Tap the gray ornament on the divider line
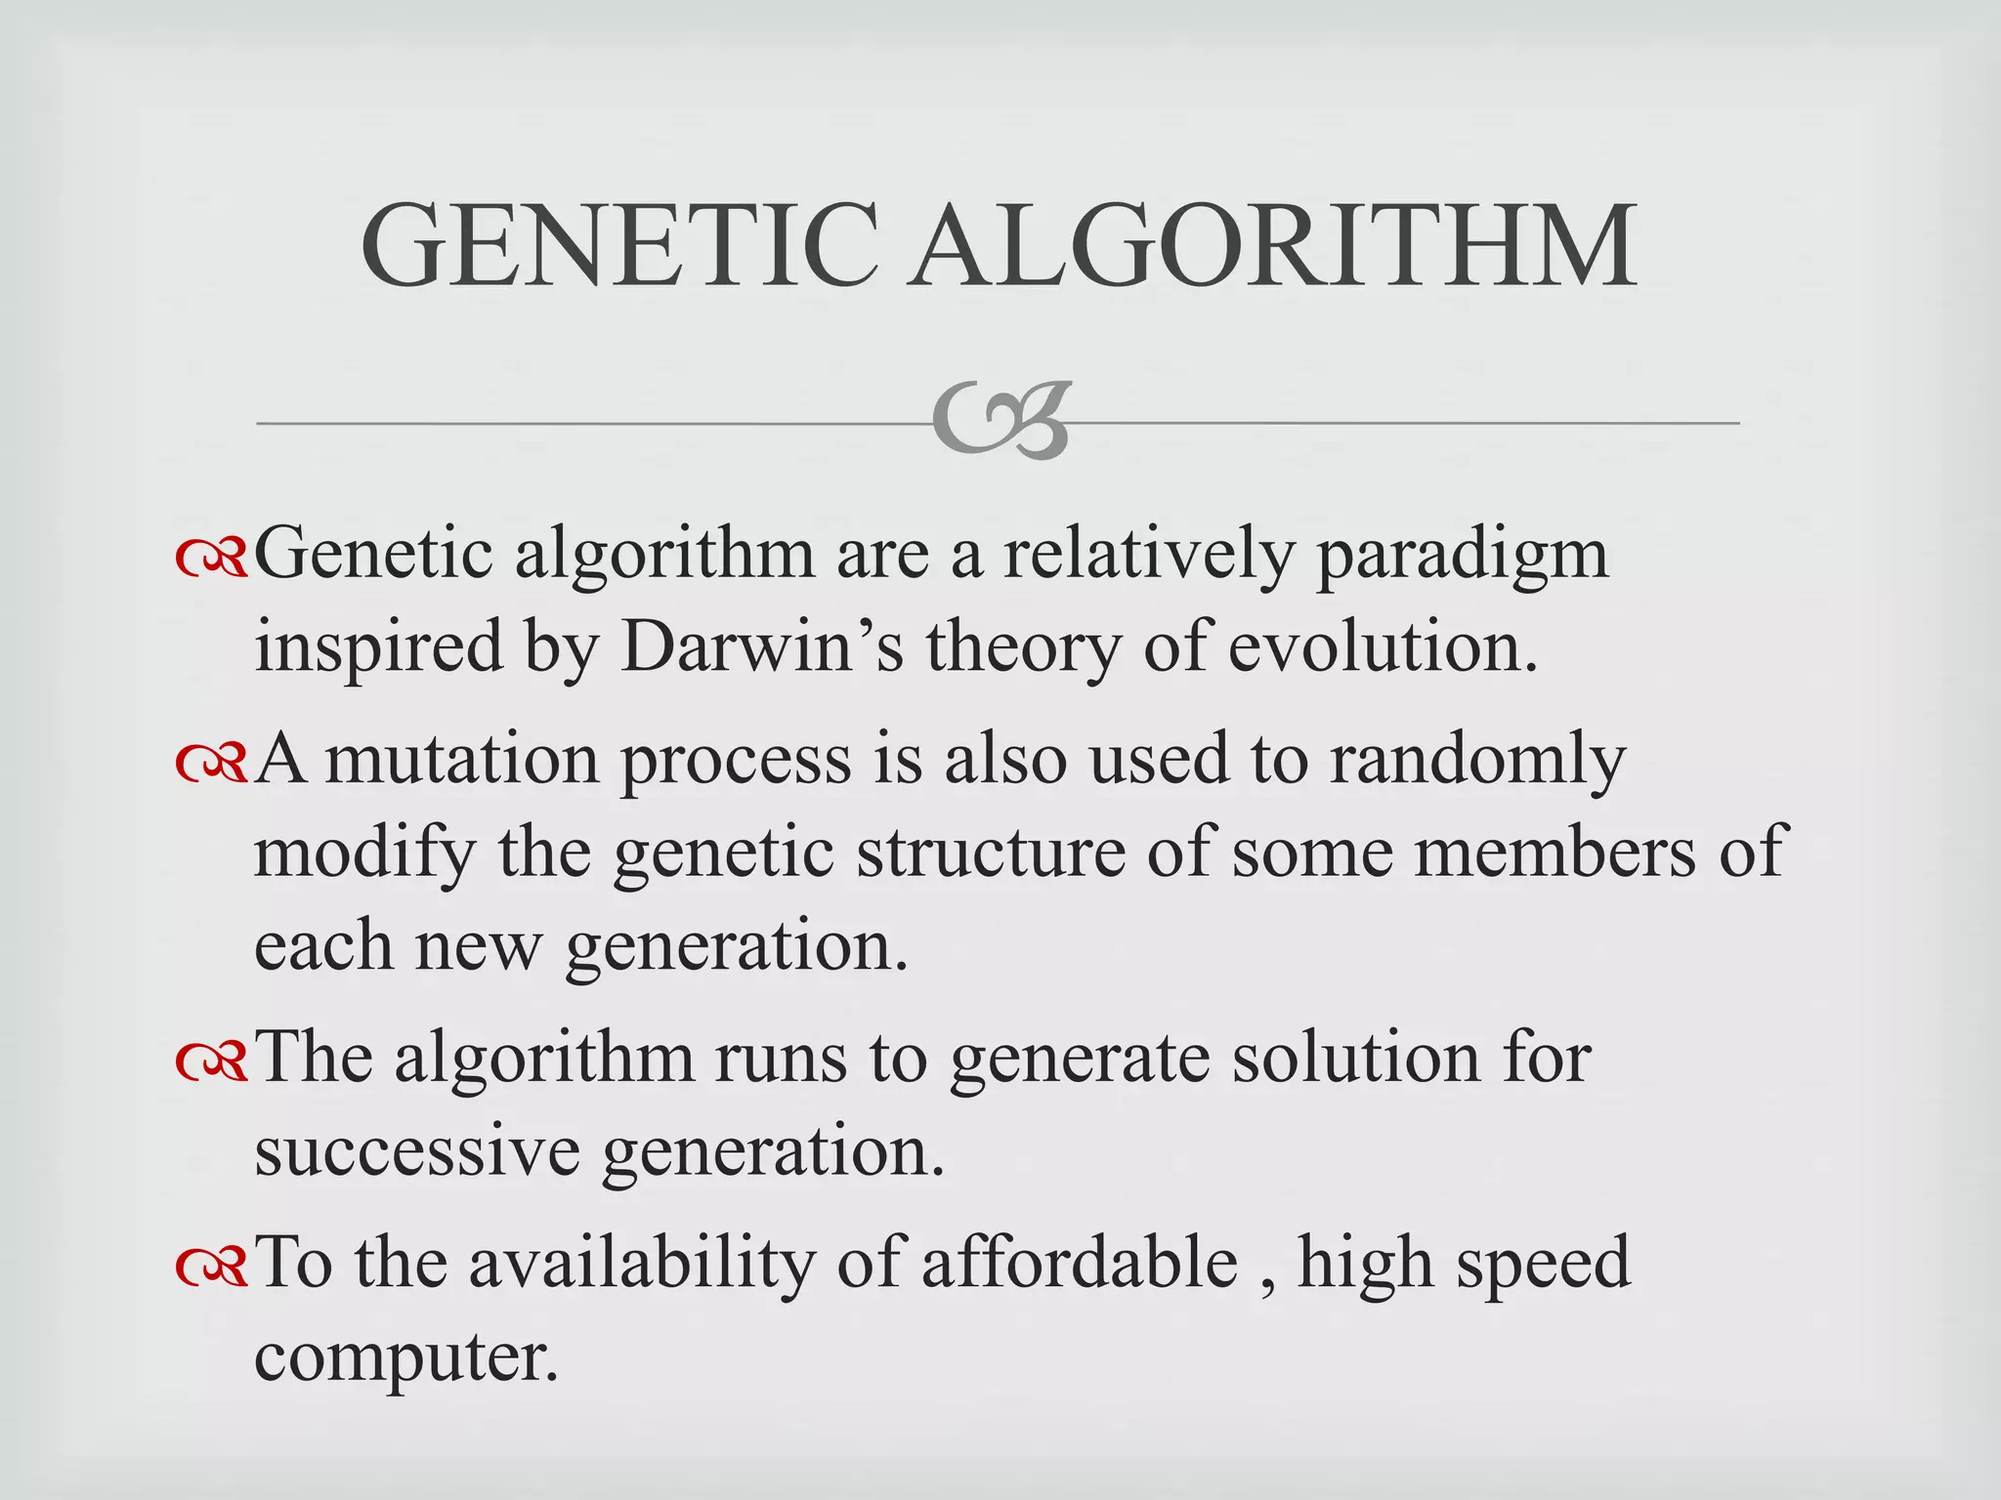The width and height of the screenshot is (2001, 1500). point(1001,421)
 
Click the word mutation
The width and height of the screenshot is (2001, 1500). point(462,759)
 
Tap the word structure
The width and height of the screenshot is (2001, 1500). point(991,852)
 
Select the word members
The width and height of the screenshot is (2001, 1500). point(1555,852)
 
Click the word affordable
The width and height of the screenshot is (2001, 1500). point(1080,1262)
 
